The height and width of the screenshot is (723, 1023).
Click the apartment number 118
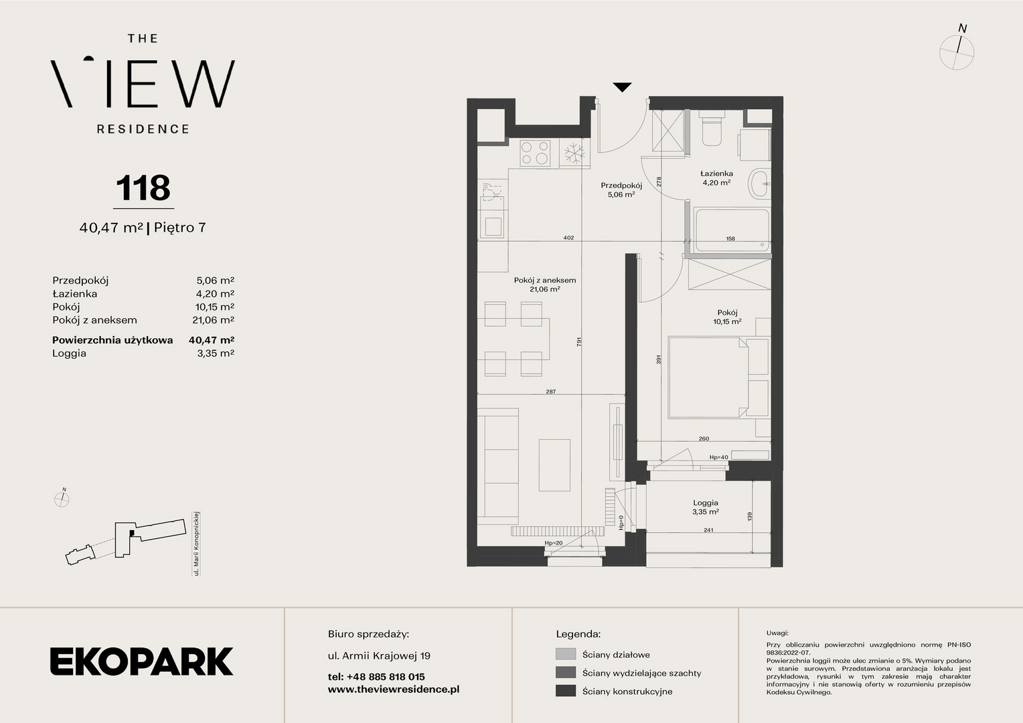tap(143, 187)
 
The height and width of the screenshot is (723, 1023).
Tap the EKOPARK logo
tap(141, 661)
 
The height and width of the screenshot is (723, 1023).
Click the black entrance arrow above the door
tap(622, 87)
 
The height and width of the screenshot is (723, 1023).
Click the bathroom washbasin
tap(759, 183)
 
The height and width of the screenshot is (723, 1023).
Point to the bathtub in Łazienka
tap(732, 230)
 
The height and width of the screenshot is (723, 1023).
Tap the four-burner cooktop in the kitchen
tap(535, 153)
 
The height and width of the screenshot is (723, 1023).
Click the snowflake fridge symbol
tap(574, 153)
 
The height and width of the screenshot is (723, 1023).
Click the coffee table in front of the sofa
tap(554, 465)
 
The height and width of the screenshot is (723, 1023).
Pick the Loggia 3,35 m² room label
tap(706, 507)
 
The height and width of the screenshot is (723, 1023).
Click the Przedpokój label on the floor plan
tap(621, 185)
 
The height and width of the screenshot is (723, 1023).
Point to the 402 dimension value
tap(568, 238)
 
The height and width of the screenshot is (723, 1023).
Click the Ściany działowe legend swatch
tap(565, 654)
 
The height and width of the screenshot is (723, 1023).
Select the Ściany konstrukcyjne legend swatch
tap(565, 691)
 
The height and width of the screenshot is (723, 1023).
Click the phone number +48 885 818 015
tap(386, 676)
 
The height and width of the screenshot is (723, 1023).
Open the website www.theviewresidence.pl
tap(394, 690)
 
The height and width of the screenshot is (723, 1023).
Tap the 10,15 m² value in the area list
tap(215, 307)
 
